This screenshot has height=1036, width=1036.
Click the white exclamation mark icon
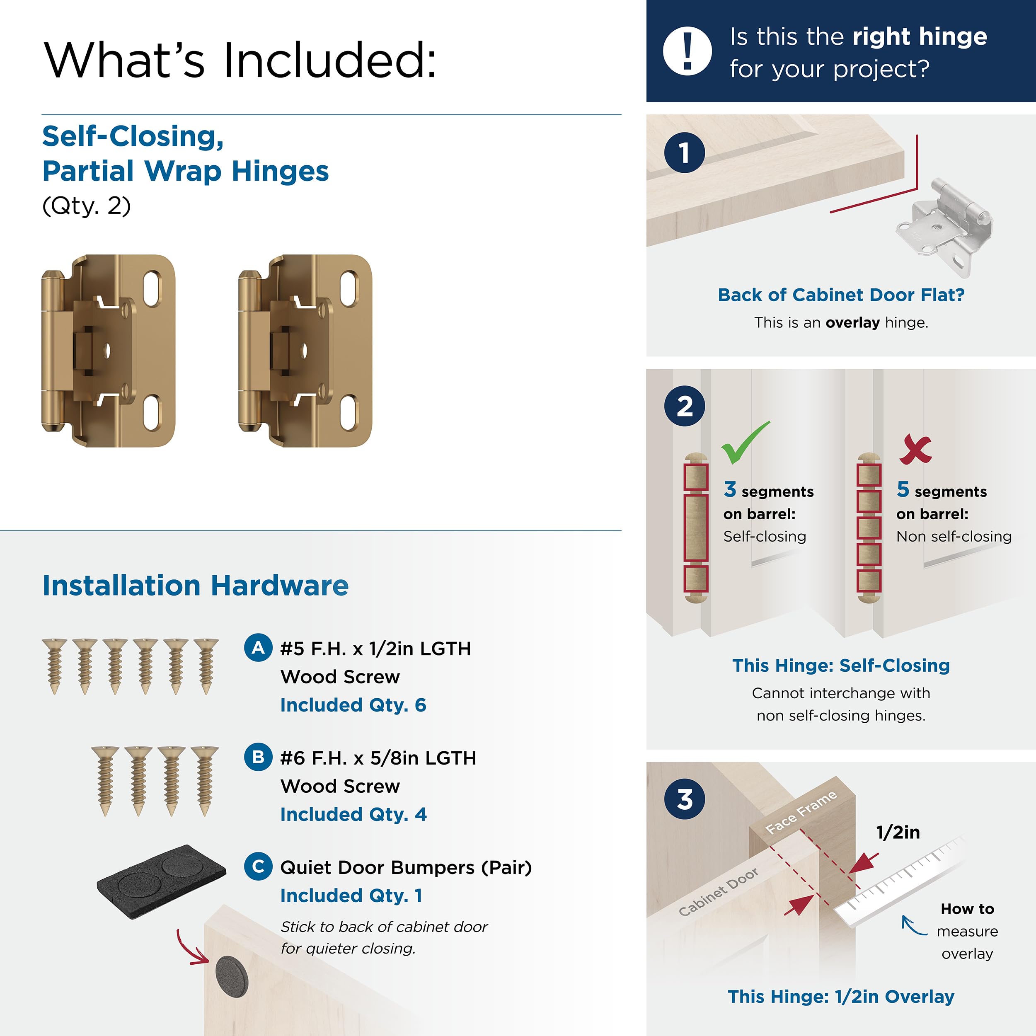click(x=687, y=51)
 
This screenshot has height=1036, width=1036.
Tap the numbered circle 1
click(x=684, y=153)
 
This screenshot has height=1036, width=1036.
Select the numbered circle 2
click(x=684, y=406)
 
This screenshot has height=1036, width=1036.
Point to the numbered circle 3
click(x=684, y=799)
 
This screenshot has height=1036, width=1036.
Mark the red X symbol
click(x=915, y=449)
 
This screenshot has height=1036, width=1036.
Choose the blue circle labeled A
click(x=258, y=648)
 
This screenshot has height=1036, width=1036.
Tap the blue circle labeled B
click(x=258, y=757)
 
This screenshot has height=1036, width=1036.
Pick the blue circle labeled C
click(x=258, y=867)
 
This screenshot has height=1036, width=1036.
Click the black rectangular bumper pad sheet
click(x=161, y=881)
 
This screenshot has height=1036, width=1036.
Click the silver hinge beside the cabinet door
click(x=944, y=228)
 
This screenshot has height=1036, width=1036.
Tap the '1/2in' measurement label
click(x=898, y=832)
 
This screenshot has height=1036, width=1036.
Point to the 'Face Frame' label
click(x=801, y=812)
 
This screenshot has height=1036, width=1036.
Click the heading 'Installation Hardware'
click(x=195, y=585)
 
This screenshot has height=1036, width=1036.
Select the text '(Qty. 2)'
click(x=86, y=206)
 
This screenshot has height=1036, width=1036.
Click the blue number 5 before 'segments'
click(x=903, y=489)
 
